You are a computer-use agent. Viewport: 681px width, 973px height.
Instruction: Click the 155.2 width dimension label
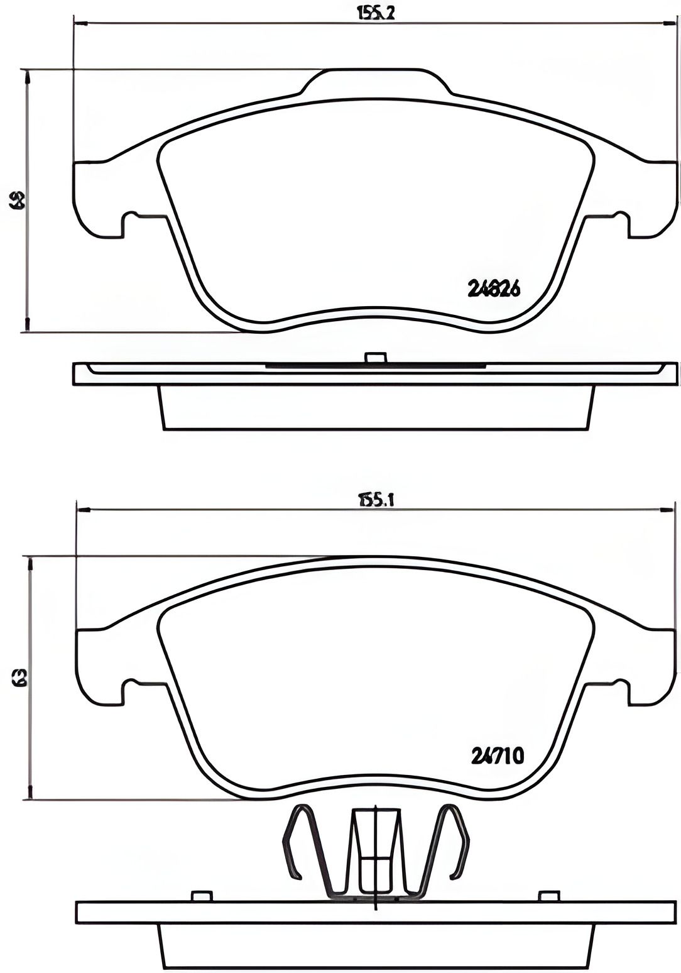376,13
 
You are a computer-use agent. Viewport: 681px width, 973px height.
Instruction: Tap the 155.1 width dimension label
376,500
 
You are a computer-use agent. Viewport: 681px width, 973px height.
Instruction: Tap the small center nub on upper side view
375,358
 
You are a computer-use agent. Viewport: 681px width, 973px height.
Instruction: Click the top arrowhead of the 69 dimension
27,77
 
